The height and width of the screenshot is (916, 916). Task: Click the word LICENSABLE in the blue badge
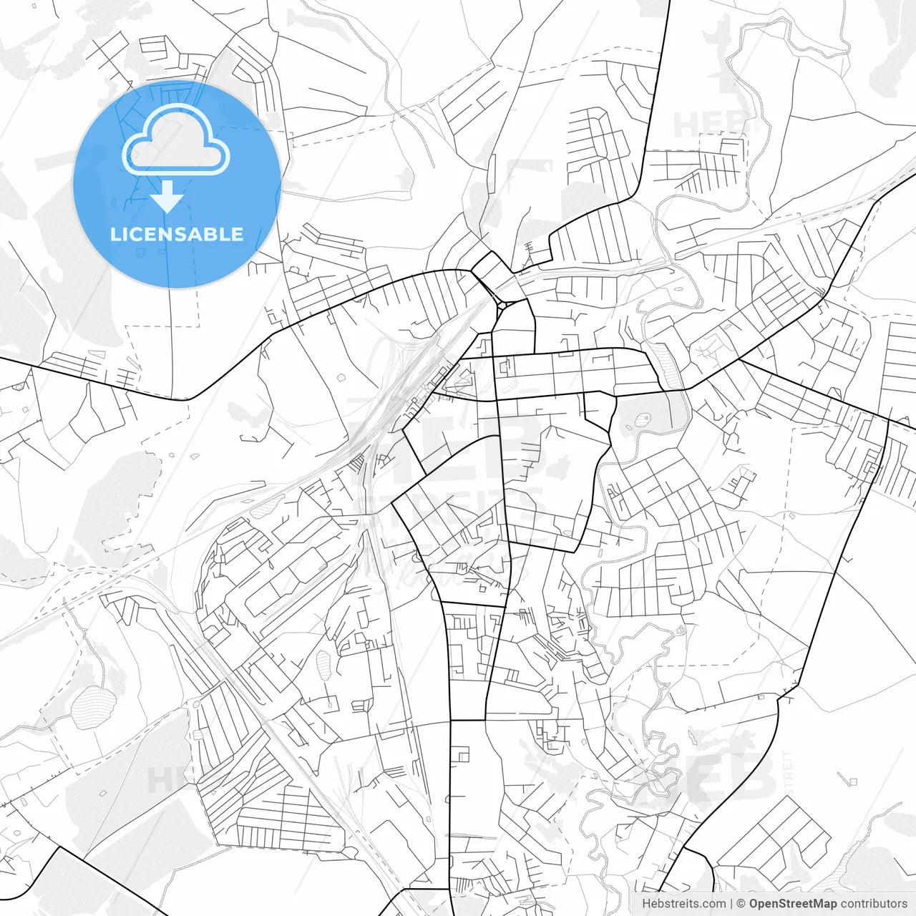click(x=177, y=235)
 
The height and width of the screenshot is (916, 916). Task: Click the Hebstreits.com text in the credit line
click(x=683, y=904)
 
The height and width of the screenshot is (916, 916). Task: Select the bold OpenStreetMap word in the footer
click(x=793, y=904)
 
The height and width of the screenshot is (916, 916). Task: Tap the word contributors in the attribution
click(x=874, y=904)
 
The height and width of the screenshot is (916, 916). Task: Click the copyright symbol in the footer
click(x=741, y=904)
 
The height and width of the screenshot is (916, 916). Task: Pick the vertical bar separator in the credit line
click(x=731, y=904)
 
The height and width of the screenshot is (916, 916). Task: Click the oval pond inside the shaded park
click(x=640, y=419)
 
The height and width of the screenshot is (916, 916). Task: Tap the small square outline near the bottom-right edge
click(x=852, y=781)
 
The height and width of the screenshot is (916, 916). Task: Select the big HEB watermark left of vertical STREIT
click(x=730, y=776)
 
